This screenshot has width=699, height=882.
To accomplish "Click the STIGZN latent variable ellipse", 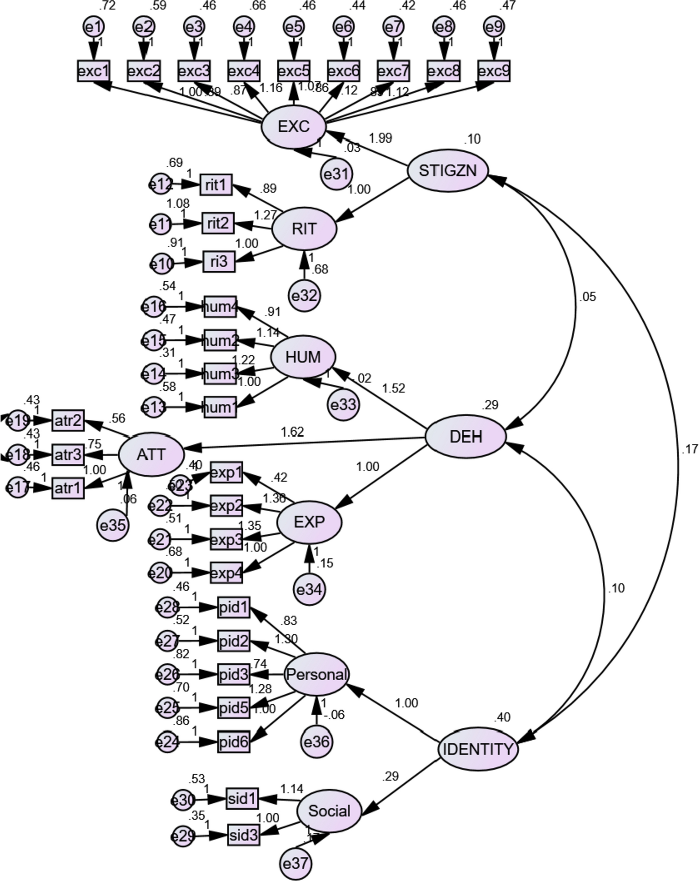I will coord(448,171).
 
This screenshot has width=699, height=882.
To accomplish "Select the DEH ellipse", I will coord(466,437).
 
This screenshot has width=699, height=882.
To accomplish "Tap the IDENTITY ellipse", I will coord(478,749).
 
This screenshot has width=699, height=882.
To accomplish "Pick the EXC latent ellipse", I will coord(293,127).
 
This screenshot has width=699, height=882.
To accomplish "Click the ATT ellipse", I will coord(151,455).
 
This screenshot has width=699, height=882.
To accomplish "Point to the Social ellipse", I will coord(329,811).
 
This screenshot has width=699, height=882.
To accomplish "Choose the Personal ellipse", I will coord(317,675).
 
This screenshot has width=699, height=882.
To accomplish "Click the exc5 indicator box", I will coord(293,71).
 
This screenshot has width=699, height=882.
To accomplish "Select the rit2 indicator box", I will coord(218,224).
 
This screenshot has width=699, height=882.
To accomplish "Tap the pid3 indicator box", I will coord(233,675).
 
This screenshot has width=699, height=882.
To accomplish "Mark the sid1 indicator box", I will coord(242,798).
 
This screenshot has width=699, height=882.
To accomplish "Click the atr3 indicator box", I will coord(68,455).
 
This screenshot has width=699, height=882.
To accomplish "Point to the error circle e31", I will coord(336,174).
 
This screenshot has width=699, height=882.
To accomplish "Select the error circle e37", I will coord(295,864).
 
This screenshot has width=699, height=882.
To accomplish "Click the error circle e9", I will coord(494,27).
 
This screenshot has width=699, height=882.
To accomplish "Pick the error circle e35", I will coord(113,525).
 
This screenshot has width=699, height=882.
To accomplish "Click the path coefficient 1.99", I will coord(380,139).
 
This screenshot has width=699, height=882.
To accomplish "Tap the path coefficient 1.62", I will coord(292,431).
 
